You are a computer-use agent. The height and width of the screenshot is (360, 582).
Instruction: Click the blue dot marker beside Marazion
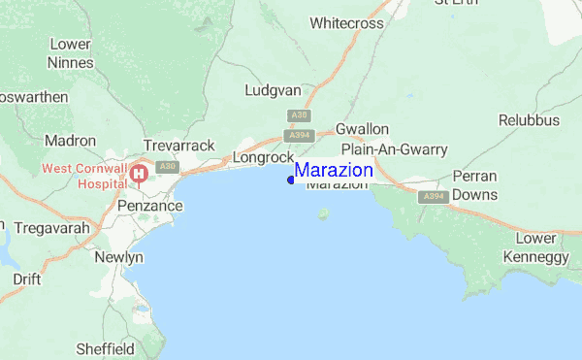coord(291,180)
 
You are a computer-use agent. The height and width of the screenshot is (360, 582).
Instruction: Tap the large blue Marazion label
coord(334,171)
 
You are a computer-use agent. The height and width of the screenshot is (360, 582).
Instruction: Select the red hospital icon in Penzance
coord(139,175)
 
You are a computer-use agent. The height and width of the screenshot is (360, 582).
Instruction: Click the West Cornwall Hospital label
coord(83,176)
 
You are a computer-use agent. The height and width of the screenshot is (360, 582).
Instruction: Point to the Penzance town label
coord(149,207)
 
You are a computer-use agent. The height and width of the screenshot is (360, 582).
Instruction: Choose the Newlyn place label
coord(120,257)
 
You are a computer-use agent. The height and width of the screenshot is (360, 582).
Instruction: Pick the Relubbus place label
coord(530,120)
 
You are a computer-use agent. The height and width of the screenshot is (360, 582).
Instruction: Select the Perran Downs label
coord(474,185)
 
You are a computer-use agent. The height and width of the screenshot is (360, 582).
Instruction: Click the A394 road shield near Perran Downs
coord(433,197)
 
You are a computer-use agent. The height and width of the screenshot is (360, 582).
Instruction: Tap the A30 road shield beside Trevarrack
coord(168,167)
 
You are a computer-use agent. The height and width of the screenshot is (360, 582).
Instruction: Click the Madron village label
coord(70,141)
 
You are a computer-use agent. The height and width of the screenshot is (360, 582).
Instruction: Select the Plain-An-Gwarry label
coord(394,149)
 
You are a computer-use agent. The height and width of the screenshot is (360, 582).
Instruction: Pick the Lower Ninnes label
coord(71,53)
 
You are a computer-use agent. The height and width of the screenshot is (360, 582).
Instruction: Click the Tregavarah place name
coord(46,228)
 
